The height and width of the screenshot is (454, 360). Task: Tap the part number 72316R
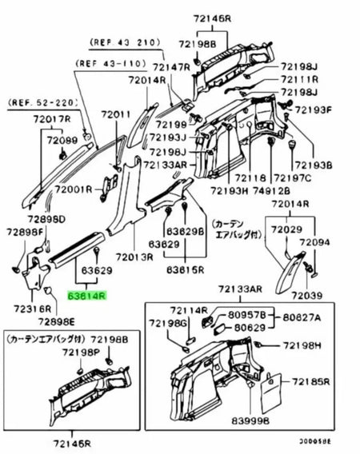click(31, 308)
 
